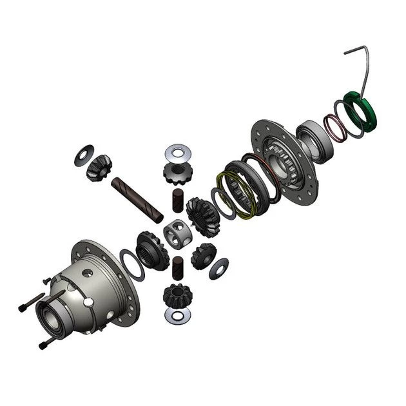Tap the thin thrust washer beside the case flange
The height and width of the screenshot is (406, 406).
click(x=130, y=264)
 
